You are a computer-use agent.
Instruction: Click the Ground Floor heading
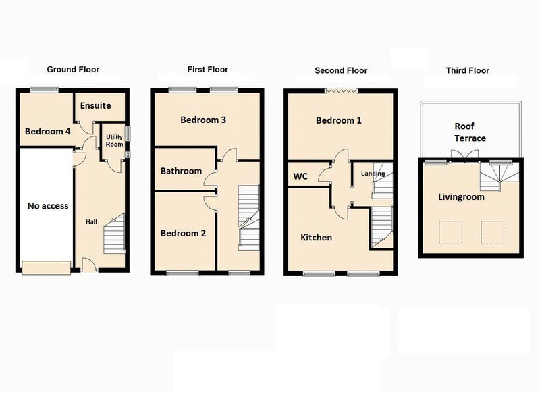click(73, 70)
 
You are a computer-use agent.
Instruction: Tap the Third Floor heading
click(467, 70)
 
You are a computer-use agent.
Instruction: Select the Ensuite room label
click(95, 105)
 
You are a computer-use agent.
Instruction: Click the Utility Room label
click(114, 140)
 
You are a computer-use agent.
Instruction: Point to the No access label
click(48, 206)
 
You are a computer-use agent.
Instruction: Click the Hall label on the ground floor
click(91, 221)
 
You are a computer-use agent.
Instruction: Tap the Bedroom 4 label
click(47, 131)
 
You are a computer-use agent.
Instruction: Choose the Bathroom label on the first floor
click(181, 171)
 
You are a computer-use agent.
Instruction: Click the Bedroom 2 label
click(183, 233)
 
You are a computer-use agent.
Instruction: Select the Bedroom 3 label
click(203, 120)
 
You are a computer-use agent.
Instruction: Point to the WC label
click(300, 176)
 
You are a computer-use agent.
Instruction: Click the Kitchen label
click(316, 237)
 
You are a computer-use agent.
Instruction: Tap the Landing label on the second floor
click(373, 174)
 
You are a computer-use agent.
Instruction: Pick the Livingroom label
click(461, 197)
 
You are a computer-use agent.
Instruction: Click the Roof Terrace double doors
click(465, 155)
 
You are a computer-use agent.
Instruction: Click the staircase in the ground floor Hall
click(114, 234)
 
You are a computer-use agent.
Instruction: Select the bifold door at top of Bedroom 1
click(342, 91)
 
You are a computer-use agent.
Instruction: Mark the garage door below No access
click(47, 267)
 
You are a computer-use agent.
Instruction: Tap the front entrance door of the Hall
click(90, 266)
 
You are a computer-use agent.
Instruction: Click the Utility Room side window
click(128, 134)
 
